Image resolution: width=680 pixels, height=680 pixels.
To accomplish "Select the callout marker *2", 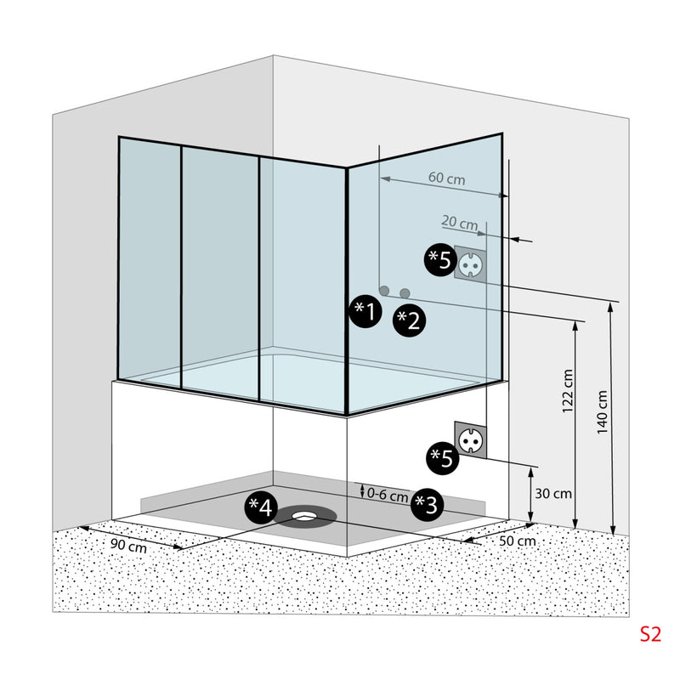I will pyautogui.click(x=411, y=320).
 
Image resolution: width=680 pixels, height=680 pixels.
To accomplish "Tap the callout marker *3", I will pyautogui.click(x=428, y=505).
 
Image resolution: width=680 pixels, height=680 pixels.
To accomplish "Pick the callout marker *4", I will pyautogui.click(x=261, y=507).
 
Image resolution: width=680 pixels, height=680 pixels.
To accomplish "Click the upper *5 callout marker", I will pyautogui.click(x=439, y=259).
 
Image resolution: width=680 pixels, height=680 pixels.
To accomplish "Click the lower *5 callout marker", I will pyautogui.click(x=440, y=458).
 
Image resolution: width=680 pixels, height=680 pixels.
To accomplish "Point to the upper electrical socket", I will pyautogui.click(x=470, y=263).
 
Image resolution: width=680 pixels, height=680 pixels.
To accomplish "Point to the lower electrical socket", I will pyautogui.click(x=470, y=440).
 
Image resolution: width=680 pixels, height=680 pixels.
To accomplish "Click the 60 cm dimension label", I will pyautogui.click(x=446, y=178).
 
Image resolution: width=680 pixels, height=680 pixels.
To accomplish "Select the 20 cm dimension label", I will pyautogui.click(x=460, y=223).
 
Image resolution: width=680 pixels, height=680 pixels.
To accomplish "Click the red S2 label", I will pyautogui.click(x=650, y=633).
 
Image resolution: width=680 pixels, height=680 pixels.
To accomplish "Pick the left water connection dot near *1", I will pyautogui.click(x=384, y=291).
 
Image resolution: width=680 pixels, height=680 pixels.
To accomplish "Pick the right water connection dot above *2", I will pyautogui.click(x=405, y=292).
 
